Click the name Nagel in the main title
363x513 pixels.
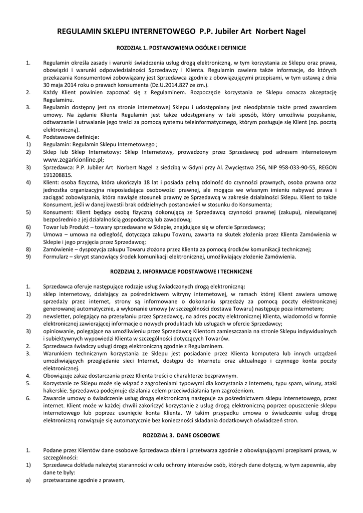click(292, 32)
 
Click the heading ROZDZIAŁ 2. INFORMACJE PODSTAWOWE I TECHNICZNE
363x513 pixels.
click(181, 271)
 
